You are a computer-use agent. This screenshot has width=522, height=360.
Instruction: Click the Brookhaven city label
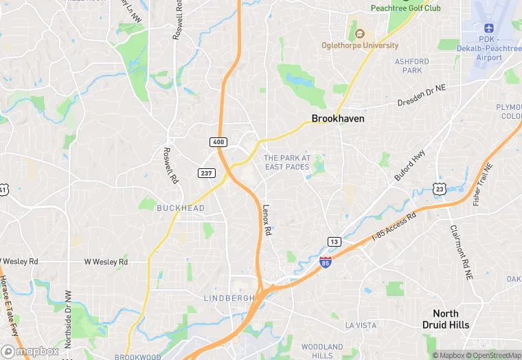click(338, 118)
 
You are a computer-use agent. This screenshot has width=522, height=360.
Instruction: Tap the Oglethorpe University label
click(360, 45)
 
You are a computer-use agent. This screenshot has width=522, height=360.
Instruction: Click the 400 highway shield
click(217, 141)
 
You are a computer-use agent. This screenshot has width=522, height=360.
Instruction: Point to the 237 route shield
click(205, 173)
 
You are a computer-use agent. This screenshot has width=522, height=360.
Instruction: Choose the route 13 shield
click(334, 241)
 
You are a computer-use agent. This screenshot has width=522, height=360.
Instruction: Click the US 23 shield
click(440, 188)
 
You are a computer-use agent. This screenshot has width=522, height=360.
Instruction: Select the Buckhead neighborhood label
click(181, 208)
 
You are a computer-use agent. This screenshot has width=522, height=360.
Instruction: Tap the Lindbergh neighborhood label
click(229, 297)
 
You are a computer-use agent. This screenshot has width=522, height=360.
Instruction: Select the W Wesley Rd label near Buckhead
click(106, 262)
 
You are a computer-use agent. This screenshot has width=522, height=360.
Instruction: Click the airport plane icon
click(490, 28)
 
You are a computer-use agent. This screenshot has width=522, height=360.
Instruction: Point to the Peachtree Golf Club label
click(405, 8)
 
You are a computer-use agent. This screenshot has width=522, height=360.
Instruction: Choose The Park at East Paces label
click(287, 162)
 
